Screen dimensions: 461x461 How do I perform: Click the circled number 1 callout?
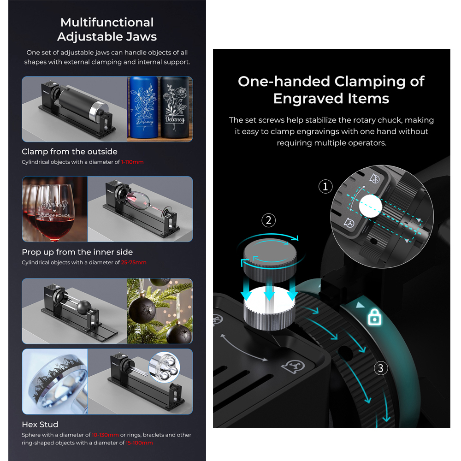click(x=325, y=186)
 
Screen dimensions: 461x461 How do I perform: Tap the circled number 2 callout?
click(x=268, y=220)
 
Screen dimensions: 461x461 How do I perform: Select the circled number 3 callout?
click(x=380, y=368)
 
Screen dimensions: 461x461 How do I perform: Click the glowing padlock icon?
click(x=374, y=317)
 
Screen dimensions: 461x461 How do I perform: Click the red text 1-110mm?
click(x=132, y=162)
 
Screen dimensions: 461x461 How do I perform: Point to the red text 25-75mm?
click(x=134, y=263)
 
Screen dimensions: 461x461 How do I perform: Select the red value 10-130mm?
click(x=105, y=435)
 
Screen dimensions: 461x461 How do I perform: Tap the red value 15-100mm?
click(x=139, y=443)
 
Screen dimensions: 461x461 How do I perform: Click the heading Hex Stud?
click(x=40, y=425)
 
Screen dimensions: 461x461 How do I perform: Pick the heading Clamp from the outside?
click(x=70, y=151)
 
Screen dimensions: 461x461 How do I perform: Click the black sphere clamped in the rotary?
click(x=84, y=307)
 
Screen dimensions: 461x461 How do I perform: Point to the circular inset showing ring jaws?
click(x=164, y=367)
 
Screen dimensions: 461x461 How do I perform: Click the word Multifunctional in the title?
click(x=107, y=22)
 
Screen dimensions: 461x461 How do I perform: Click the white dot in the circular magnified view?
click(x=371, y=206)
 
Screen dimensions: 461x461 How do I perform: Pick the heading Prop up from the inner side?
click(x=77, y=252)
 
